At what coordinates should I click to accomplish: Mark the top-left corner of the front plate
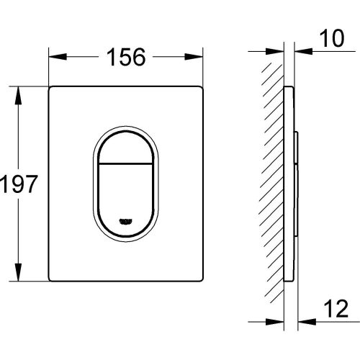(x=50, y=89)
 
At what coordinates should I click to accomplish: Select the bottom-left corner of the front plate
(x=50, y=279)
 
